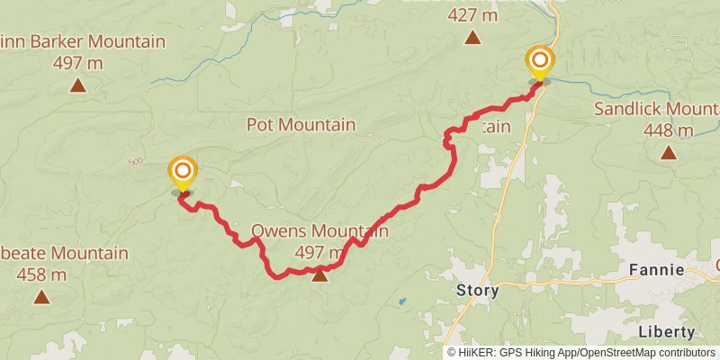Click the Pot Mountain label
[301, 125]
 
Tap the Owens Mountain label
[319, 231]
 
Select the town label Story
[478, 291]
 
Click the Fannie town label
[657, 270]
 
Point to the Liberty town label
[666, 332]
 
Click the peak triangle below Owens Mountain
[319, 275]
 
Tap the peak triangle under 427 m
[472, 37]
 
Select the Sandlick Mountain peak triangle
[668, 152]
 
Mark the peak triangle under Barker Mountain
[78, 85]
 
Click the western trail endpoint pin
[183, 171]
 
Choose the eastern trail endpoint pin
[540, 62]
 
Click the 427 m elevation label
[472, 14]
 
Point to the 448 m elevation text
[668, 130]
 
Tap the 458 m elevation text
[41, 274]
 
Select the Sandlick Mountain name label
[657, 110]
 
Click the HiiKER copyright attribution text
[581, 352]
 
